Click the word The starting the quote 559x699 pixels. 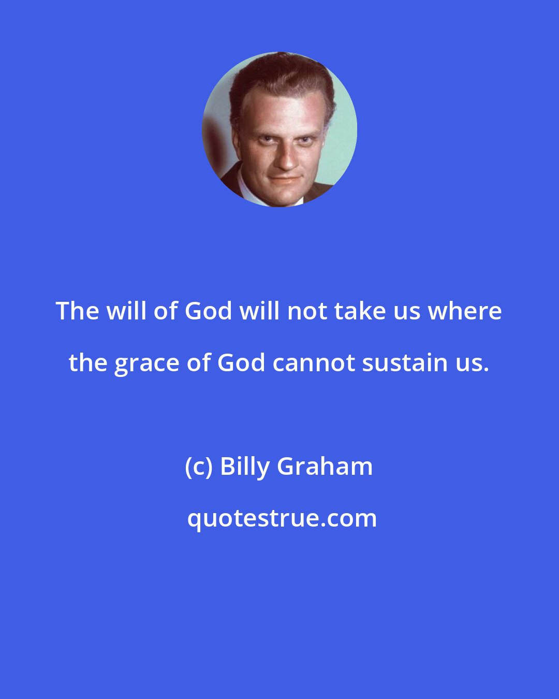[x=77, y=311]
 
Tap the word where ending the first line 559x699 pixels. [x=470, y=311]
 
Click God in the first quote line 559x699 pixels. [x=209, y=311]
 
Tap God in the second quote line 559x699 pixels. [x=241, y=363]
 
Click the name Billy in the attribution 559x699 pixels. [x=245, y=467]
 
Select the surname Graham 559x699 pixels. [x=325, y=467]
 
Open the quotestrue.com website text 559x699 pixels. [x=282, y=518]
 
